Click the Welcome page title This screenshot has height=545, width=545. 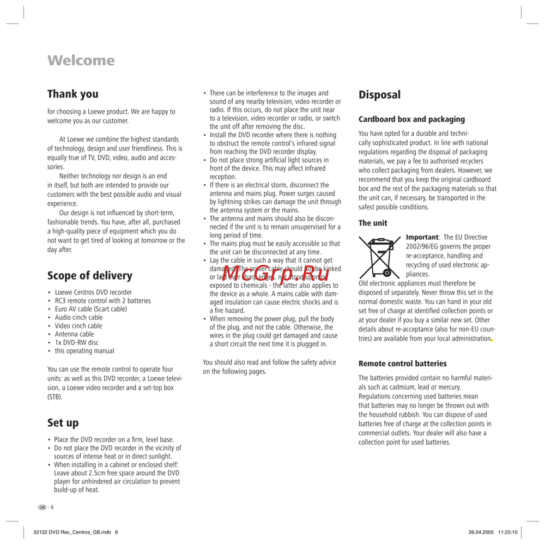click(x=81, y=60)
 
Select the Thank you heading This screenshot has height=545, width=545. click(x=73, y=94)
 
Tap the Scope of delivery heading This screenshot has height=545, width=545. click(x=90, y=276)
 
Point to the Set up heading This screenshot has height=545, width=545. click(x=63, y=423)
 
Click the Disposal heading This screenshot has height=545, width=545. click(x=379, y=95)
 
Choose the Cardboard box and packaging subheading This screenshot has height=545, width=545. click(x=411, y=119)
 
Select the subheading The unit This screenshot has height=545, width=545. click(x=373, y=223)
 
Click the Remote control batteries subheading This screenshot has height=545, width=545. click(x=402, y=364)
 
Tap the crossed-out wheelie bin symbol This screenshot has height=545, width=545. click(x=380, y=256)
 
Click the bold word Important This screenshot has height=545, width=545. click(x=422, y=238)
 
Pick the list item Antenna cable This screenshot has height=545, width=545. click(x=74, y=334)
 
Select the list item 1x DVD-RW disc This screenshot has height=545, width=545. click(x=77, y=343)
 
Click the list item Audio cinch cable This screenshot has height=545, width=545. click(x=78, y=317)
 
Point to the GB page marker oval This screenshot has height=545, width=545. click(x=43, y=507)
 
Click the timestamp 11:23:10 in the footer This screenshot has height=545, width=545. click(x=506, y=532)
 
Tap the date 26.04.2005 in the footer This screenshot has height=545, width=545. click(x=480, y=532)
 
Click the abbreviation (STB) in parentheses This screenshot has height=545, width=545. click(x=55, y=397)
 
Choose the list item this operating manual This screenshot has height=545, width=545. click(x=84, y=351)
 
